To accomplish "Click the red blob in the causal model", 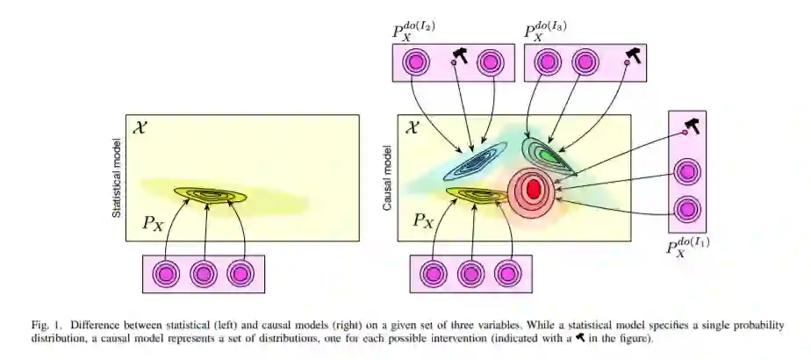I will point(533,187).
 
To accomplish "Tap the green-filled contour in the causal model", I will point(549,155).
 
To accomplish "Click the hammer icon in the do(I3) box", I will point(632,56).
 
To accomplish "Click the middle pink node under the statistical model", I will point(204,273).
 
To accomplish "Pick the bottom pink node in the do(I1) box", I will point(687,211).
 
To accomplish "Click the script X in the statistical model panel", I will point(139,128).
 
